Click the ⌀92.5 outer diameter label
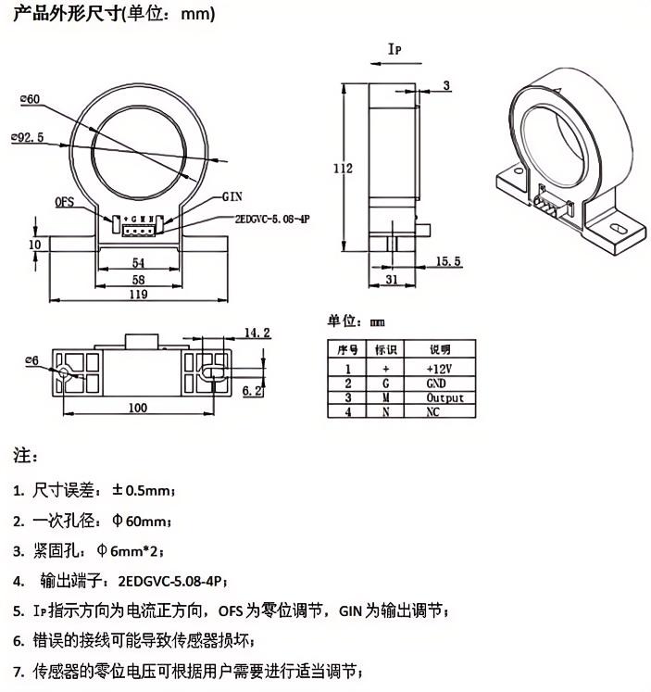[x=29, y=135]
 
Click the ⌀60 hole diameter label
[x=29, y=99]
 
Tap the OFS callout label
[x=64, y=201]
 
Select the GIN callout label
[x=233, y=197]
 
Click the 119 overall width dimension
[x=138, y=294]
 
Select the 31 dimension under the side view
[x=392, y=280]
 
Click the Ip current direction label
[x=394, y=49]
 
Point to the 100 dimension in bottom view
[x=137, y=407]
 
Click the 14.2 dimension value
[x=257, y=333]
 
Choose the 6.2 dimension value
[x=252, y=391]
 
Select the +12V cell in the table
[x=437, y=368]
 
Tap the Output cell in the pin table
[x=444, y=397]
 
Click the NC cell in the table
[x=433, y=411]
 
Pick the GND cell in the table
[x=436, y=383]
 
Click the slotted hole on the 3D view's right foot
[x=615, y=224]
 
